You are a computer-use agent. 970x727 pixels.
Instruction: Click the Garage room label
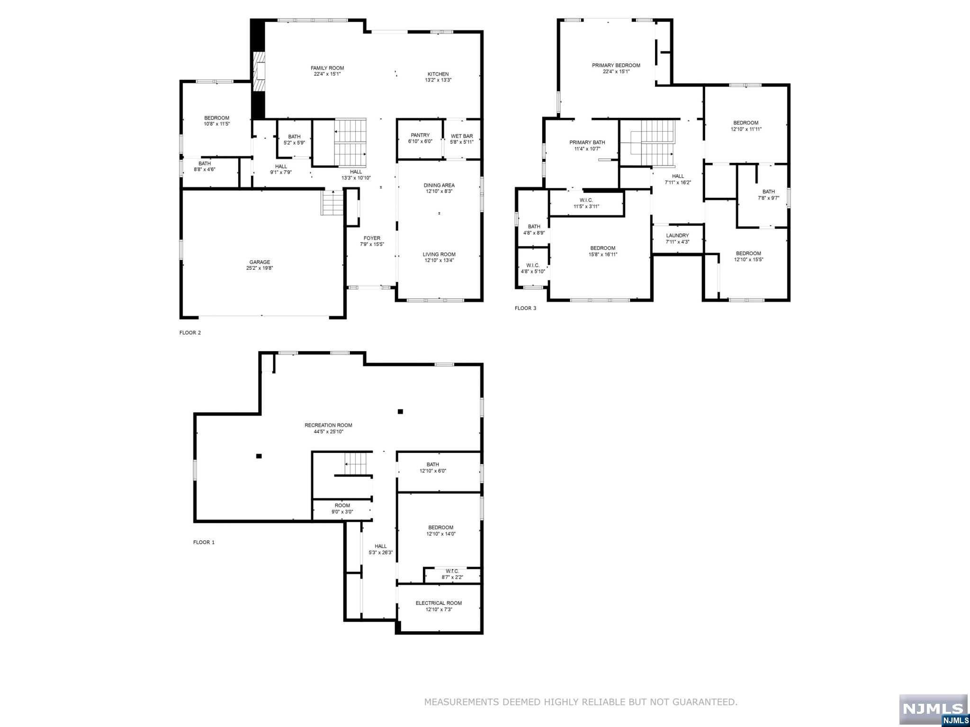pyautogui.click(x=260, y=262)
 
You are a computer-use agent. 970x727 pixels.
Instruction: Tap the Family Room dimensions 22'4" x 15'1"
pyautogui.click(x=327, y=74)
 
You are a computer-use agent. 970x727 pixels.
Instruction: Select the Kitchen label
pyautogui.click(x=438, y=74)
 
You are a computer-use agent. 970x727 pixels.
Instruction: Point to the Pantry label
pyautogui.click(x=420, y=135)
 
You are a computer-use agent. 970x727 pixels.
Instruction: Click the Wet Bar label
pyautogui.click(x=461, y=136)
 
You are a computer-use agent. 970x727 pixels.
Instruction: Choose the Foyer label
pyautogui.click(x=372, y=238)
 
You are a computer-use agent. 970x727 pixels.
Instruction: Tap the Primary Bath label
pyautogui.click(x=587, y=142)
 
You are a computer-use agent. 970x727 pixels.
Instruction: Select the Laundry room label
pyautogui.click(x=677, y=236)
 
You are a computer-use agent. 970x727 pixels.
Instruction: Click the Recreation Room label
pyautogui.click(x=328, y=425)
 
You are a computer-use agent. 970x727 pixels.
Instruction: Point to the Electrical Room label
pyautogui.click(x=439, y=603)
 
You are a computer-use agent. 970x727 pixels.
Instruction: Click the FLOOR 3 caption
pyautogui.click(x=525, y=308)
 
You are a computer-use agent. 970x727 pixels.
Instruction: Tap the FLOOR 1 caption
pyautogui.click(x=204, y=542)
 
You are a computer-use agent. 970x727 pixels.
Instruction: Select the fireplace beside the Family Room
pyautogui.click(x=259, y=71)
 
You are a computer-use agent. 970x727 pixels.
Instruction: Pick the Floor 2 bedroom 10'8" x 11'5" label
pyautogui.click(x=216, y=118)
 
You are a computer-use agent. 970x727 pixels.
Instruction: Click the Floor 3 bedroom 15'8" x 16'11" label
pyautogui.click(x=602, y=248)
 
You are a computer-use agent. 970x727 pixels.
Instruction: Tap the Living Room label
pyautogui.click(x=439, y=254)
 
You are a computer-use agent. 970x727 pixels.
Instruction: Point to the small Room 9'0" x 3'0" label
pyautogui.click(x=342, y=505)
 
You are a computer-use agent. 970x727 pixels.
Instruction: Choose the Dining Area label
pyautogui.click(x=439, y=185)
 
